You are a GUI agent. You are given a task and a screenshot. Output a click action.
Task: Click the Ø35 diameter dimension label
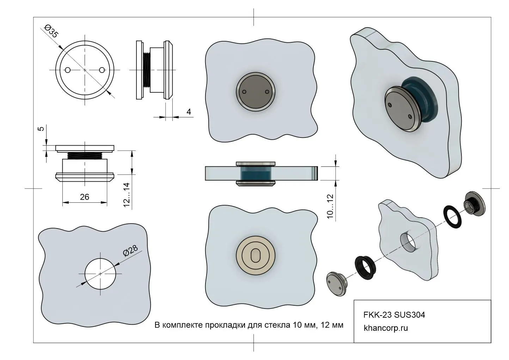point(51,31)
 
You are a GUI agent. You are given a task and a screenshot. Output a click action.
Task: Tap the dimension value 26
point(85,197)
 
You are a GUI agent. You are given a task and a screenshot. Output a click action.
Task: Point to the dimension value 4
point(189,112)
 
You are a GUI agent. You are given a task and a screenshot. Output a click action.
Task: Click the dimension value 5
point(41,129)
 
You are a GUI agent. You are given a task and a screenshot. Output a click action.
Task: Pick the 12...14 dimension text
point(127,195)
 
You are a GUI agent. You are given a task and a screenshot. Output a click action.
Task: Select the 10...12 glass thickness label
point(330,206)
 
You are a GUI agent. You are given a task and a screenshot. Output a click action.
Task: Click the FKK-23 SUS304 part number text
point(394,315)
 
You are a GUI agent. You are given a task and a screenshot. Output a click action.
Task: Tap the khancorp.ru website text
point(386,328)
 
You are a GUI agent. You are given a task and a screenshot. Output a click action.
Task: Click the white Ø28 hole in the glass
point(100,274)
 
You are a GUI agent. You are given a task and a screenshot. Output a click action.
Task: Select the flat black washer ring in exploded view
point(452,216)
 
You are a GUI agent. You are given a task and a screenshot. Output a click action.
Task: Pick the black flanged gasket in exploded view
point(363,264)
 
